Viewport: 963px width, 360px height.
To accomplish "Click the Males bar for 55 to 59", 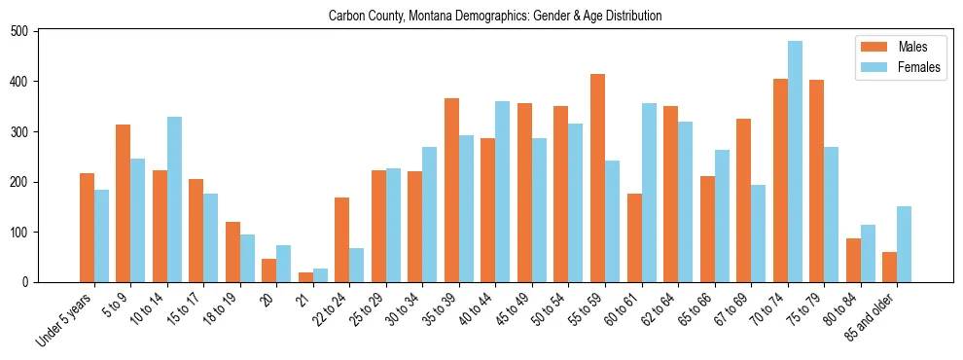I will coord(597,178).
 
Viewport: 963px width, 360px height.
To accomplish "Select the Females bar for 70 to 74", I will coord(795,162).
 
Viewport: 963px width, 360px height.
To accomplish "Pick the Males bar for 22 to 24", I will coord(342,239).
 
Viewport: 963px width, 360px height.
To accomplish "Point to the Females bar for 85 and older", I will coord(904,244).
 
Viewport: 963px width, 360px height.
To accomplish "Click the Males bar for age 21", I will coord(305,277).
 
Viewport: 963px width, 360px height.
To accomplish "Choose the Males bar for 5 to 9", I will coord(124,203).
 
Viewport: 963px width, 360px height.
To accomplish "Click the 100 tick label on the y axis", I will coord(27,233).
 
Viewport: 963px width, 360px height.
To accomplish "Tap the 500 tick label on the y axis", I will coord(27,31).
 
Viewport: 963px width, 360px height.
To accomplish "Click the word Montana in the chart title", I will coord(428,16).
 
